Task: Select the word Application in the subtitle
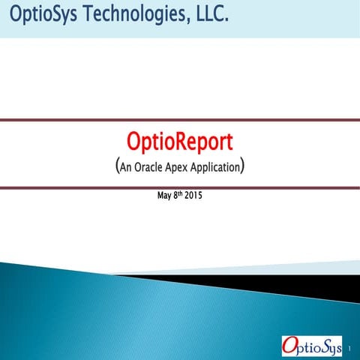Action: tap(223, 166)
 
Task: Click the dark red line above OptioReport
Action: tap(180, 120)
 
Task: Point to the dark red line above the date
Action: tap(180, 187)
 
